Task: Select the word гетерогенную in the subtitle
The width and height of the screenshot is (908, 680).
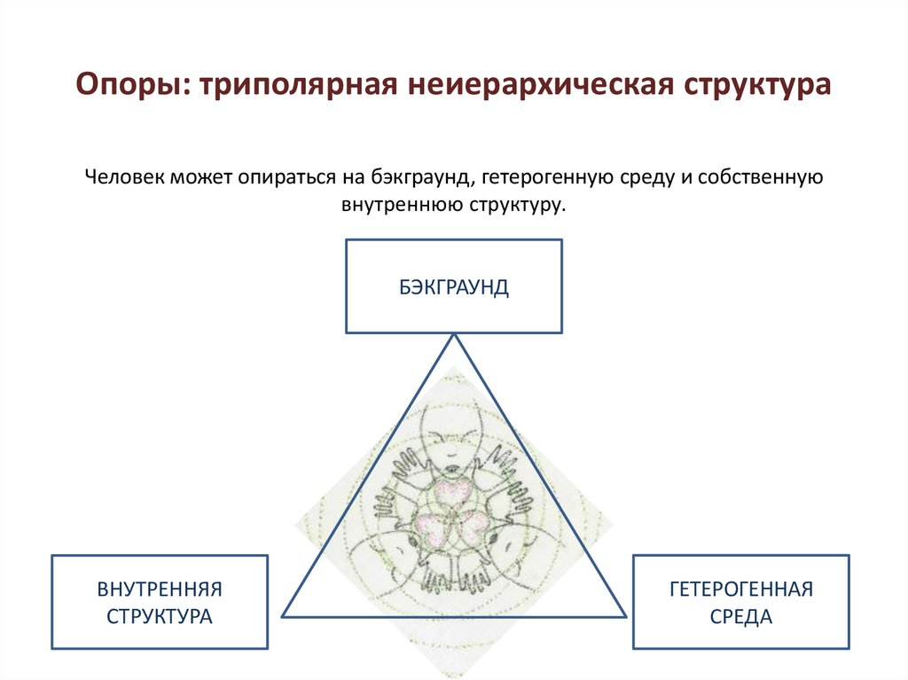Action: pos(530,177)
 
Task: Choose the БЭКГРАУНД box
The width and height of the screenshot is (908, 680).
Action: pos(453,286)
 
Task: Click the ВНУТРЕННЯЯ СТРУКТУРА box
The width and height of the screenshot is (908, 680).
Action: pos(160,602)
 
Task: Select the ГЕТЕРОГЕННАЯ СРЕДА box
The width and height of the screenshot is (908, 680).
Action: pos(741,602)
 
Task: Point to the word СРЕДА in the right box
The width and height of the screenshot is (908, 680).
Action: pos(741,616)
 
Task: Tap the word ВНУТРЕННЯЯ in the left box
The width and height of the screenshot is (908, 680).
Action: pos(160,588)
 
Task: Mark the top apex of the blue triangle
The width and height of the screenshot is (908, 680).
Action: pos(454,334)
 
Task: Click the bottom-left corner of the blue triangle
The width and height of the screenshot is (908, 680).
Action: pos(283,615)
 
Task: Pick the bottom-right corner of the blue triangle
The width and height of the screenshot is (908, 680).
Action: pos(625,615)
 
